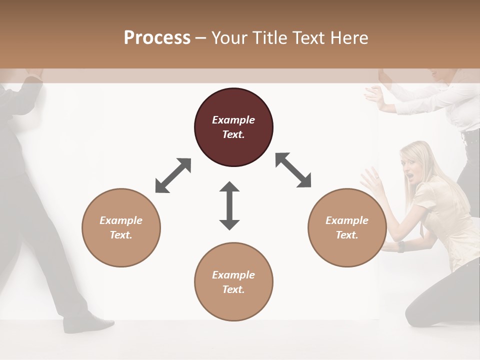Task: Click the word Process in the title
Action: click(x=157, y=38)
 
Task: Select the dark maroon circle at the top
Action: click(x=233, y=127)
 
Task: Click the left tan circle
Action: click(x=121, y=227)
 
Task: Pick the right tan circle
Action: click(x=347, y=227)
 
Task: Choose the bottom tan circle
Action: click(x=233, y=282)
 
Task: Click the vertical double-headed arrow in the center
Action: click(x=229, y=205)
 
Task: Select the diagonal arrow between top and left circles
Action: click(x=173, y=175)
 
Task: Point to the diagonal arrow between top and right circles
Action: click(x=293, y=170)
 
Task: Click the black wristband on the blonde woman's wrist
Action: click(x=400, y=247)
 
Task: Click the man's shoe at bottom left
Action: click(x=90, y=323)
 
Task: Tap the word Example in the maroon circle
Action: click(x=233, y=120)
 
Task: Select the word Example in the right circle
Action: click(x=347, y=220)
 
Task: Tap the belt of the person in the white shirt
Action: click(x=470, y=135)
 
